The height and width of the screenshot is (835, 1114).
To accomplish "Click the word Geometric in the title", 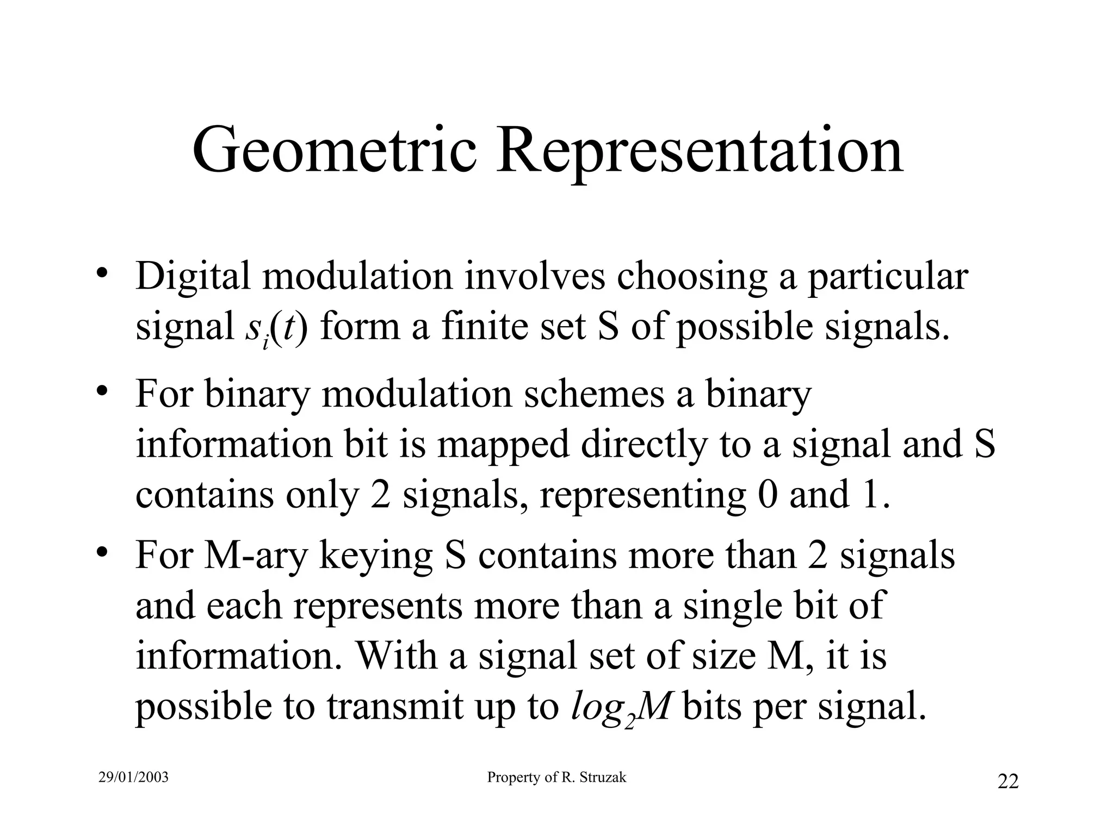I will (335, 150).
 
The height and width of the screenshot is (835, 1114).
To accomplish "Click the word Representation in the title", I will (700, 150).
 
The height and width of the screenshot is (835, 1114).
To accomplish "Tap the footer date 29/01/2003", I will (134, 778).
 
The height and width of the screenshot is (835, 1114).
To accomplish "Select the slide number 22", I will (1008, 781).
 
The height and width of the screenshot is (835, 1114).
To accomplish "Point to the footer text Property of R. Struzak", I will (556, 778).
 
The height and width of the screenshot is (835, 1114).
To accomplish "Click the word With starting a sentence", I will (397, 656).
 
